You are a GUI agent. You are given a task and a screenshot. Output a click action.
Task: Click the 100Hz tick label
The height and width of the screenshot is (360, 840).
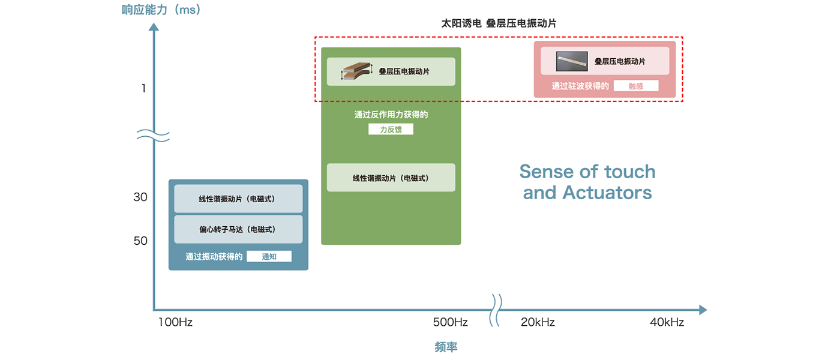[175, 322]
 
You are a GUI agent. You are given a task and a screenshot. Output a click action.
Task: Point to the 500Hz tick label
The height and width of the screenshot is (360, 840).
[450, 322]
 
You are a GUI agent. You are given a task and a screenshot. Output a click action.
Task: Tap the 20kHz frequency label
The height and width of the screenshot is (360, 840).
[538, 322]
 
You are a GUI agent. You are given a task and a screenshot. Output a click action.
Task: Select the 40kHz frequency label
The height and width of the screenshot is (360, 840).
[667, 322]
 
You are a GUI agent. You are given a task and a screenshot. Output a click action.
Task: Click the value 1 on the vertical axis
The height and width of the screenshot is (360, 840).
[143, 89]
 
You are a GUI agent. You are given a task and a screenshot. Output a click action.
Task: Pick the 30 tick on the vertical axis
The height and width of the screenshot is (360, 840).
[140, 197]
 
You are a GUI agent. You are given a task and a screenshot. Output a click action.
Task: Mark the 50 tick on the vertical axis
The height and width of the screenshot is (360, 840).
[140, 241]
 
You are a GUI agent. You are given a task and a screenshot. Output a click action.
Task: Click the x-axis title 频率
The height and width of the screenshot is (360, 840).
[446, 347]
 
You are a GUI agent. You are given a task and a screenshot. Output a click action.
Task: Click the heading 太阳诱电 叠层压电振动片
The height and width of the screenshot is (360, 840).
[499, 23]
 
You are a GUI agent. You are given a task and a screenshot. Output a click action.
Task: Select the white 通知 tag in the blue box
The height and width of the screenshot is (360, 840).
[269, 257]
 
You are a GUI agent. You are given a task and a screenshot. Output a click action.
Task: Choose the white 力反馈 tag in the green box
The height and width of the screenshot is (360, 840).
[391, 129]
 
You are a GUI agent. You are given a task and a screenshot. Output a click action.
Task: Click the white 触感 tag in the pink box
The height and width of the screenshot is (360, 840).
[636, 86]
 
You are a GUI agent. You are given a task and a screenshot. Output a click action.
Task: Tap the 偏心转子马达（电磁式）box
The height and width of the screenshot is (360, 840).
[238, 229]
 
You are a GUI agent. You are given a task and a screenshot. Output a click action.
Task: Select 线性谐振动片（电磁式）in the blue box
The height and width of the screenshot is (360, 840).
[238, 199]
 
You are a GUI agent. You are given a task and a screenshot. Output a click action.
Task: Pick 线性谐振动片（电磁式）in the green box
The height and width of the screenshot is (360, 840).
[391, 178]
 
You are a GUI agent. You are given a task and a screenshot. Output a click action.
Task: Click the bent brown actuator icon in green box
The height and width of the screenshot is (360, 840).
[357, 71]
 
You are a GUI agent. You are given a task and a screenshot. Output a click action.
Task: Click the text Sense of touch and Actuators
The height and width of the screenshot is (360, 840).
[587, 182]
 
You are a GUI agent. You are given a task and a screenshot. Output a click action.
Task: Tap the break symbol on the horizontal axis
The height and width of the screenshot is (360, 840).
[497, 310]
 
